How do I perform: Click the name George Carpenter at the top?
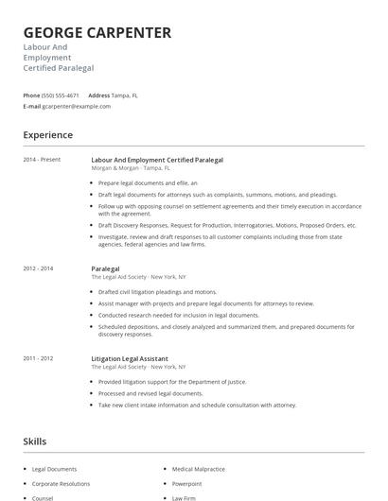pyautogui.click(x=97, y=33)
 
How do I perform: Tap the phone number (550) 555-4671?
pyautogui.click(x=61, y=95)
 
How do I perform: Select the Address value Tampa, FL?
pyautogui.click(x=126, y=95)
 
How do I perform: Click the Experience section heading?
pyautogui.click(x=47, y=135)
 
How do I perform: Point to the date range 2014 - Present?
pyautogui.click(x=42, y=160)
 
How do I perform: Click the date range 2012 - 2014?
pyautogui.click(x=38, y=268)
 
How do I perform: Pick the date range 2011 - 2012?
pyautogui.click(x=38, y=358)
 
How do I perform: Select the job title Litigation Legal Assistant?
pyautogui.click(x=130, y=358)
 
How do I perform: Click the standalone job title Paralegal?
pyautogui.click(x=105, y=268)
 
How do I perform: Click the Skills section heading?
pyautogui.click(x=35, y=441)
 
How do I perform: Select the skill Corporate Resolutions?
pyautogui.click(x=61, y=483)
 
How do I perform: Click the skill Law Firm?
pyautogui.click(x=184, y=497)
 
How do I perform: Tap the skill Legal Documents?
pyautogui.click(x=54, y=469)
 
